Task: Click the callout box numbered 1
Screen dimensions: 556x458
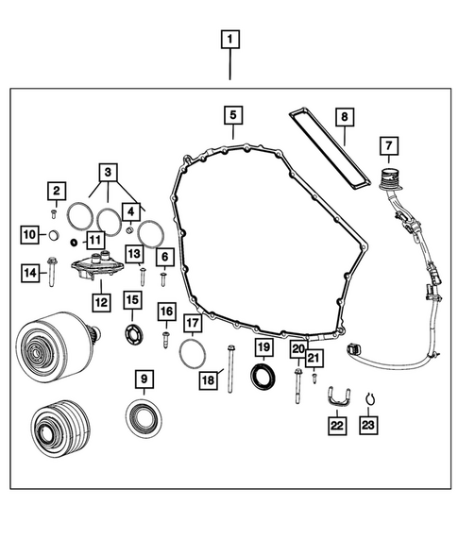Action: click(230, 41)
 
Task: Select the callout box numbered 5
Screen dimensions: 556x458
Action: click(230, 116)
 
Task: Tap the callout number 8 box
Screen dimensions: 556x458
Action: click(345, 117)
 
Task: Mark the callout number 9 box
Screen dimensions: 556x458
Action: click(144, 379)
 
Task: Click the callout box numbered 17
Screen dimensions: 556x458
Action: click(192, 324)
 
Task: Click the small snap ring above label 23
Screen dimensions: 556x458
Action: click(369, 398)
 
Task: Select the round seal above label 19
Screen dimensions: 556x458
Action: click(262, 375)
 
